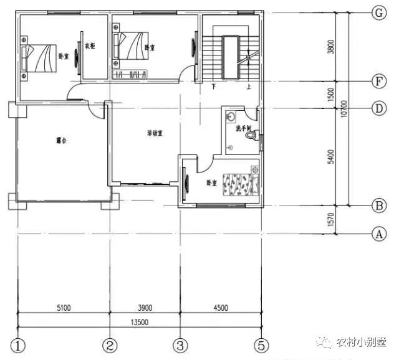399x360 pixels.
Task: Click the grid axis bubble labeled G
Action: (377, 12)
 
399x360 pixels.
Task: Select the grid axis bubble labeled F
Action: (377, 82)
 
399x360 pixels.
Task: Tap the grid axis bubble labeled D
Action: (377, 108)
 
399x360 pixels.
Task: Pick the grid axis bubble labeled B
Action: (377, 206)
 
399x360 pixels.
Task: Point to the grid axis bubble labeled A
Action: (377, 234)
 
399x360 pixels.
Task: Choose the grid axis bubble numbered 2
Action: (110, 344)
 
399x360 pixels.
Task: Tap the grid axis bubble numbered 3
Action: (181, 344)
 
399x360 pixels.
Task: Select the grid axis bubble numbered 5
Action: (262, 344)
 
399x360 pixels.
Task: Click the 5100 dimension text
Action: (64, 307)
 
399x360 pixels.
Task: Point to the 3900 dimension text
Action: (145, 307)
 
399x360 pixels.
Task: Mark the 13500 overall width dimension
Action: (139, 322)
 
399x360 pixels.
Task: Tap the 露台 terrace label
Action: (61, 141)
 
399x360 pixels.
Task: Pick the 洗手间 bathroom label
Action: (243, 129)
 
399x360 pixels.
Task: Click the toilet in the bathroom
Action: (252, 141)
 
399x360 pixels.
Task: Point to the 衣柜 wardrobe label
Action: (90, 46)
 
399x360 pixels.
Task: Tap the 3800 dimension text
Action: (331, 47)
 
